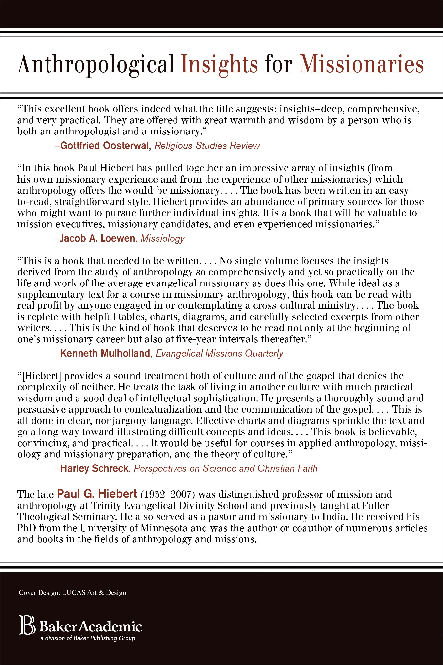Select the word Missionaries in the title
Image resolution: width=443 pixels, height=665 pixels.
(361, 65)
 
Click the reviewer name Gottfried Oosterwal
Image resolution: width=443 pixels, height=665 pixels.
(105, 145)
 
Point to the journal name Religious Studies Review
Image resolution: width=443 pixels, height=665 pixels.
(207, 145)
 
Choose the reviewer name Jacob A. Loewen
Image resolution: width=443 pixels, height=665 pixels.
(97, 238)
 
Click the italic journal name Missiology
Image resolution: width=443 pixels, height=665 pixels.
(162, 238)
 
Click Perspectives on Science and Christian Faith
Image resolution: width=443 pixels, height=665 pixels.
(225, 468)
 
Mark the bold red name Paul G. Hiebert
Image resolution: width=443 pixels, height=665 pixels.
(97, 494)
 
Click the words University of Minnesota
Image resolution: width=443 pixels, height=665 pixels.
(134, 528)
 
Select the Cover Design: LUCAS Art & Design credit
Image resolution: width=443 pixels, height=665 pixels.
(72, 592)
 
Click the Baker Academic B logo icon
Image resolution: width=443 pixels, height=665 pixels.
(27, 625)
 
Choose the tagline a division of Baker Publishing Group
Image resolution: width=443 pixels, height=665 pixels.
(88, 638)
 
